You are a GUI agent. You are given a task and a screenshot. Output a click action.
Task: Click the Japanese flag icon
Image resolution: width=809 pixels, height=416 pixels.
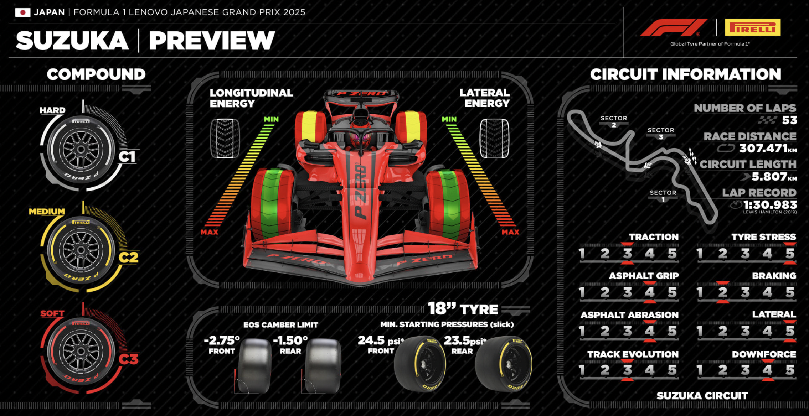pos(22,12)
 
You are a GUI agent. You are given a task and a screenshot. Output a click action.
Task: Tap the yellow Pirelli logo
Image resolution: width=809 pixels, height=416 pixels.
pos(752,27)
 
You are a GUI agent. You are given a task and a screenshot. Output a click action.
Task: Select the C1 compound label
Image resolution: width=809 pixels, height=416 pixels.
pos(127,157)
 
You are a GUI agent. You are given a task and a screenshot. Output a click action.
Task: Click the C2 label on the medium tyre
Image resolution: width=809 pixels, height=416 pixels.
pos(128,258)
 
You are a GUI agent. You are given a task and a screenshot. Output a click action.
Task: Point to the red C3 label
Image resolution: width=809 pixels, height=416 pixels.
pos(128,359)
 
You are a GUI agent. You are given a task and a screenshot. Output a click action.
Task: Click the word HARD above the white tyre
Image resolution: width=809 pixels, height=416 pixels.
pos(52,110)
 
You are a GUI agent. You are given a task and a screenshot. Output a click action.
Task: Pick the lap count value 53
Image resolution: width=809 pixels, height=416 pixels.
pos(789,120)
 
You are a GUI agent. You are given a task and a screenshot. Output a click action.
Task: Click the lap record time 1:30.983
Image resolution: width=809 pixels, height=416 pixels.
pos(770,205)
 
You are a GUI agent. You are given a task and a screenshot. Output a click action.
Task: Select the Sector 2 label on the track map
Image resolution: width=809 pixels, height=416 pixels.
pos(614,121)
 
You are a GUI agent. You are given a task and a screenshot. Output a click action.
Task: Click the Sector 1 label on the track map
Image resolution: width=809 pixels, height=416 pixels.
pos(663,196)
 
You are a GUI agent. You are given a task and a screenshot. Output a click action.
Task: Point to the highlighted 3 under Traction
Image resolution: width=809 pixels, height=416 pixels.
pos(627,254)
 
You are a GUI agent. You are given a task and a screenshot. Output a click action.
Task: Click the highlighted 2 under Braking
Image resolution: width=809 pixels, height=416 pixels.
pos(722,292)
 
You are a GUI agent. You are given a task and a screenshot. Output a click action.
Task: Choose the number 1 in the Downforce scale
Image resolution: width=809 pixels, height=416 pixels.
pos(700,370)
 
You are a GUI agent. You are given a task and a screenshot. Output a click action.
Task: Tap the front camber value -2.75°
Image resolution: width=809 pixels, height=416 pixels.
pos(222,340)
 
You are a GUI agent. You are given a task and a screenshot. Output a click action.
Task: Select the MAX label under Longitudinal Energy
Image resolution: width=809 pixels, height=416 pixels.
pos(209,232)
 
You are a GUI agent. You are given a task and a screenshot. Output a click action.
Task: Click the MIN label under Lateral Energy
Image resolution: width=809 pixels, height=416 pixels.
pos(449,119)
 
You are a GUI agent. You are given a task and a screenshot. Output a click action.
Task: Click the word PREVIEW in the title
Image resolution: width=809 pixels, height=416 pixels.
pos(212,40)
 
